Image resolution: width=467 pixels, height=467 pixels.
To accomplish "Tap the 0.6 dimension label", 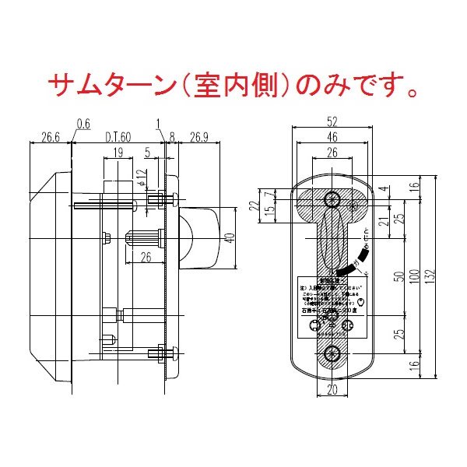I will point(83,123).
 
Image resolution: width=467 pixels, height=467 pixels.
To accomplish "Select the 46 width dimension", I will point(332,138).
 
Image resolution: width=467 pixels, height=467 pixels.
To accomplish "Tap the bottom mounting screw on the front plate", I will point(332,353).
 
